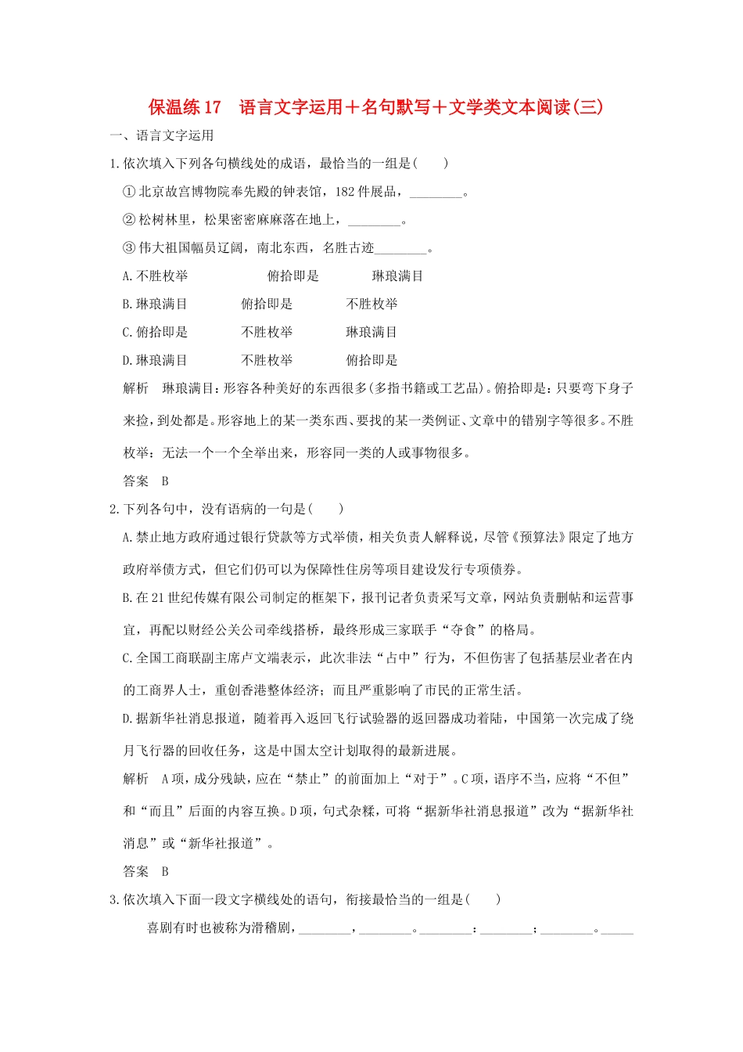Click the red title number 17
point(212,107)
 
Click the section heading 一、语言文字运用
point(162,135)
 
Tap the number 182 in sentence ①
point(345,192)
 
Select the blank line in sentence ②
point(374,221)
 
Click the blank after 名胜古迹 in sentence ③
point(400,249)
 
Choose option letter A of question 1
point(127,276)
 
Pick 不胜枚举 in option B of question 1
point(371,304)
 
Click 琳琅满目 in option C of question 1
point(371,333)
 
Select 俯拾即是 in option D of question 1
point(371,361)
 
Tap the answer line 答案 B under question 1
point(145,481)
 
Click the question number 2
point(113,510)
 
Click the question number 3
point(113,900)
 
